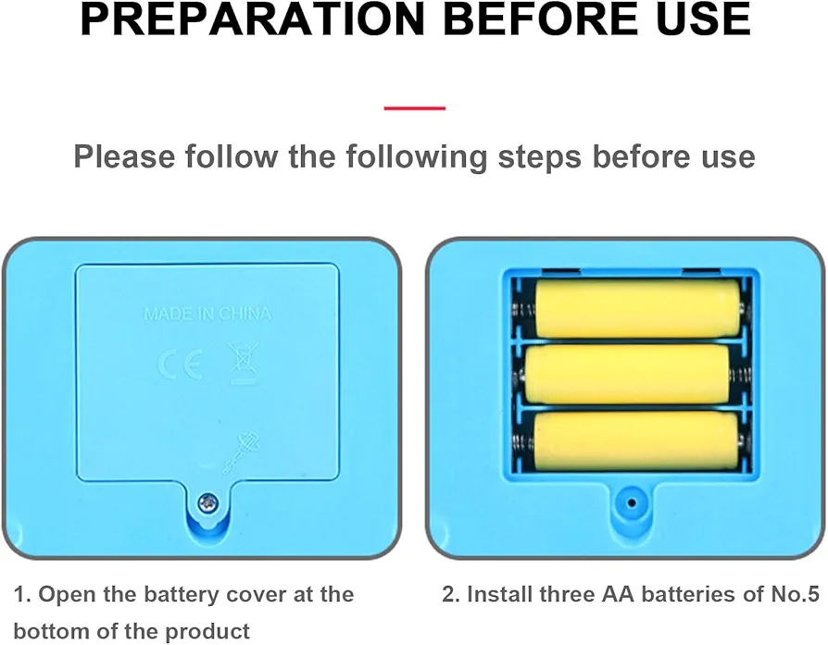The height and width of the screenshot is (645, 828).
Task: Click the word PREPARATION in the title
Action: pos(253,19)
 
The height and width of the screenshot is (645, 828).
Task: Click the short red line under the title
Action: pos(415,108)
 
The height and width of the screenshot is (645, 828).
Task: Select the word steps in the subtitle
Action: pos(540,157)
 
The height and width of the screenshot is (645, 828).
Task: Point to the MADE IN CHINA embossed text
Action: pos(207,314)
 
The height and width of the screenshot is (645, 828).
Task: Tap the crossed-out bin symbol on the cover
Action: pos(243,364)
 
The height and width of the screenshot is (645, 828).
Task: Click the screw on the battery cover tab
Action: pos(208,503)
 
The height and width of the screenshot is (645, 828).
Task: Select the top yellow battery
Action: pos(638,308)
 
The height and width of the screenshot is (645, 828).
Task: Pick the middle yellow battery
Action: pos(628,374)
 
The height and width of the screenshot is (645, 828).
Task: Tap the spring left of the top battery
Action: pos(523,310)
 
